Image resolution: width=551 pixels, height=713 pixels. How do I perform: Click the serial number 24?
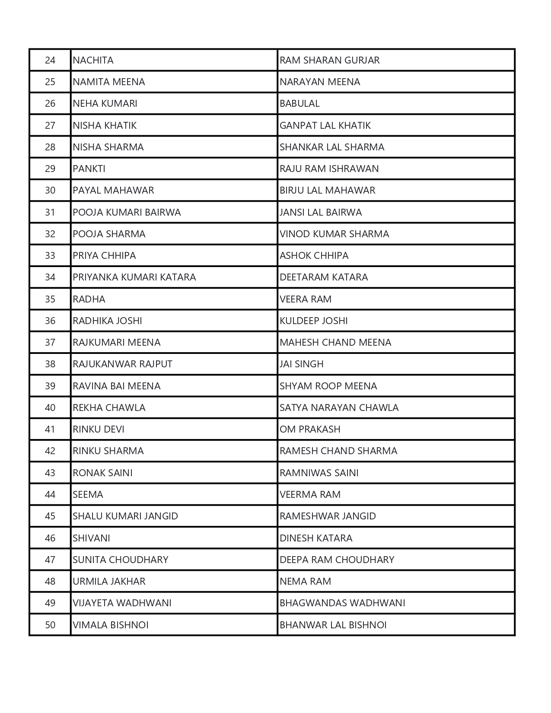coord(50,60)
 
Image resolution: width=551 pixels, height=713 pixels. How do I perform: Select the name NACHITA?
coord(93,60)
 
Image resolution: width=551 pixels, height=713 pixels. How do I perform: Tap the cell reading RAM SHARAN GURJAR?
coord(329,60)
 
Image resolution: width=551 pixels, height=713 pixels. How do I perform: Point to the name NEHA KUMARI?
coord(105,104)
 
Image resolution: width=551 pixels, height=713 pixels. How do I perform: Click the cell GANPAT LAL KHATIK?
coord(325,125)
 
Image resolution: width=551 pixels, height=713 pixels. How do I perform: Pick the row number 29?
coord(50,169)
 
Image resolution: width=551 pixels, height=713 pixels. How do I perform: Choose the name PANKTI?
coord(89,169)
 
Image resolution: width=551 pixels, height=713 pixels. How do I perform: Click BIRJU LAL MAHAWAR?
coord(327,191)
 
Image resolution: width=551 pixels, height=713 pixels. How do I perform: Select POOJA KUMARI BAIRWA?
coord(127,212)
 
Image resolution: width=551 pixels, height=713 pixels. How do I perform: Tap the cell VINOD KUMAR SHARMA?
coord(334,234)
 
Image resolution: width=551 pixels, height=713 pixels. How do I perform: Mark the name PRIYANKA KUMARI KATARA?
coord(134,277)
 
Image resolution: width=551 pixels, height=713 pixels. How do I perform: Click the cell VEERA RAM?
coord(305,299)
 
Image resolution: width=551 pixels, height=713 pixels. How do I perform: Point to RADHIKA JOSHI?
coord(107,321)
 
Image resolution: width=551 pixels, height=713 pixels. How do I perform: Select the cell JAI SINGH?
coord(301,364)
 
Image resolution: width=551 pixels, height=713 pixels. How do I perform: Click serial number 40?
coord(50,407)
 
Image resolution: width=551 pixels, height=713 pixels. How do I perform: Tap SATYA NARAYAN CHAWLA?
coord(339,407)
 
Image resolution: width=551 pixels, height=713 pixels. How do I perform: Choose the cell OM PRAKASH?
coord(310,429)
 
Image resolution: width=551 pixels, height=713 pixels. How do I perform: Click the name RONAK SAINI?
coord(102,473)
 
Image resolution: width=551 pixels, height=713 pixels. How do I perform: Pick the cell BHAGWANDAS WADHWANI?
coord(342,603)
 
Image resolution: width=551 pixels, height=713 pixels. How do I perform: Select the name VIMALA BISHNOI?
coord(111,625)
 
